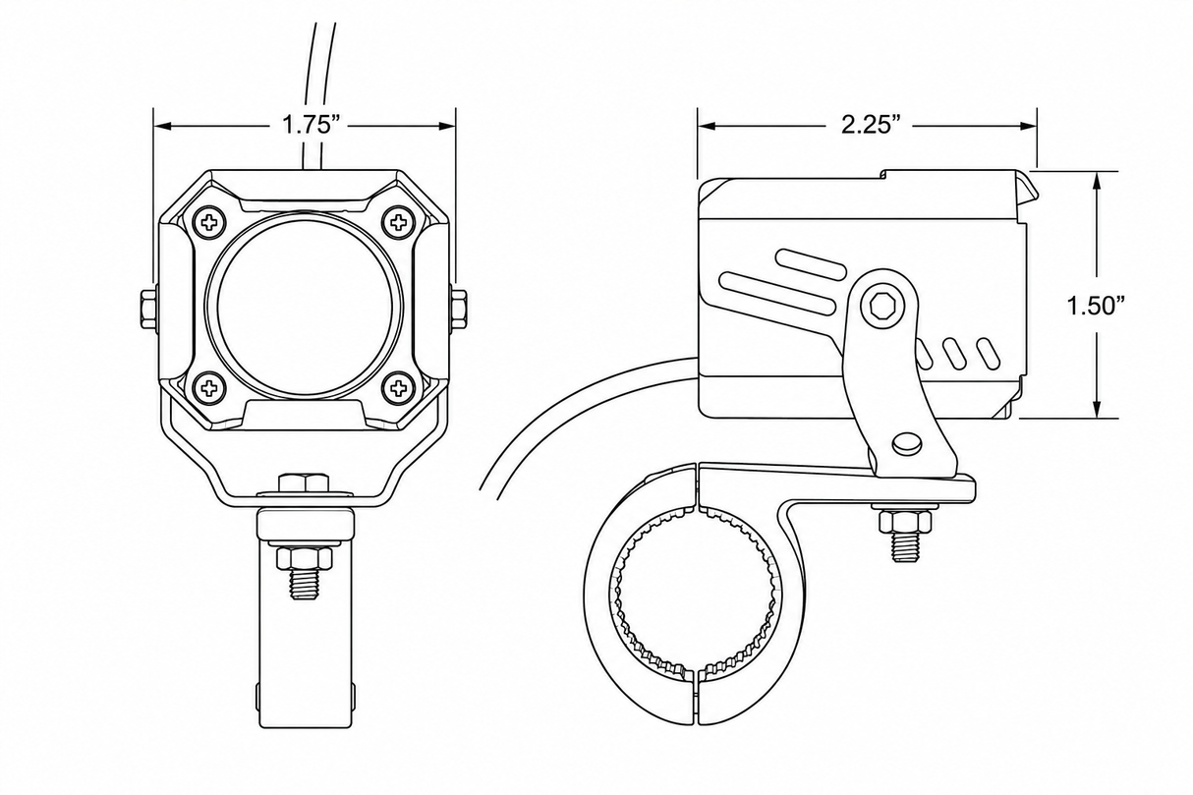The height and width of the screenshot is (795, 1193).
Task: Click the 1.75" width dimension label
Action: click(x=311, y=126)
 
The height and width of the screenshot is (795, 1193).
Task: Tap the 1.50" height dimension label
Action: click(x=1096, y=306)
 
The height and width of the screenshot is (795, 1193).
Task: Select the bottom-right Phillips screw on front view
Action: click(x=399, y=387)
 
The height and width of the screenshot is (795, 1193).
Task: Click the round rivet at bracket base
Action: click(x=906, y=443)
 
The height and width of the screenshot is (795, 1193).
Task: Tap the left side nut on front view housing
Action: click(x=147, y=309)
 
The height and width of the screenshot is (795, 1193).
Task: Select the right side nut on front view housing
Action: click(x=460, y=309)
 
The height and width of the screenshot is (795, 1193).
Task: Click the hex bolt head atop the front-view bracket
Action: click(x=304, y=483)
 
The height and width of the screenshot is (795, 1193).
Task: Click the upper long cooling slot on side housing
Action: click(x=811, y=264)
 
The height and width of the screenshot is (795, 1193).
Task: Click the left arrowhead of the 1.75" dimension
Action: click(x=162, y=126)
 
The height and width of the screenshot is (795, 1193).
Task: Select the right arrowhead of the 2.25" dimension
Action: click(x=1028, y=126)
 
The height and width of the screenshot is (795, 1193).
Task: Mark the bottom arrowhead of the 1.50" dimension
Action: click(x=1096, y=409)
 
